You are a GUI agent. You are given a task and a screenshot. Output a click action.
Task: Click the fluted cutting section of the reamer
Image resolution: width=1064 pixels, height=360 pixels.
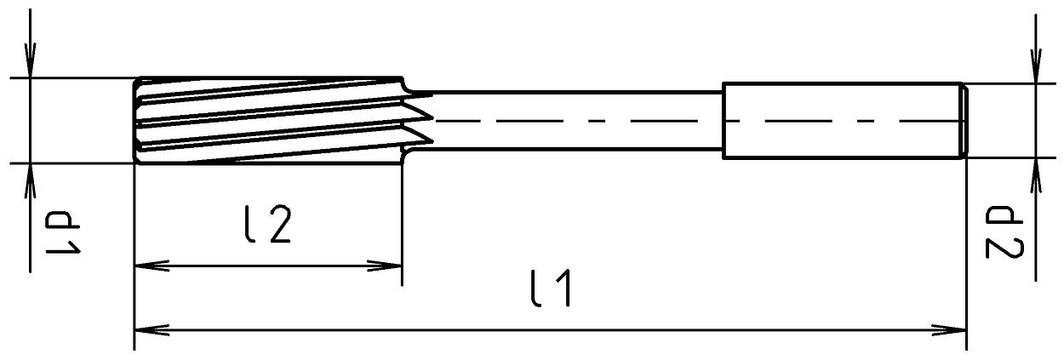pyautogui.click(x=264, y=119)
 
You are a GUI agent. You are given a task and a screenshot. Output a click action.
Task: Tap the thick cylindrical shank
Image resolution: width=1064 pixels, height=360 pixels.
pyautogui.click(x=838, y=120)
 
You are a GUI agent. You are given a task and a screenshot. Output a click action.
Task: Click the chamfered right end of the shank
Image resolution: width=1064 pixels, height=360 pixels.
pyautogui.click(x=964, y=120)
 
